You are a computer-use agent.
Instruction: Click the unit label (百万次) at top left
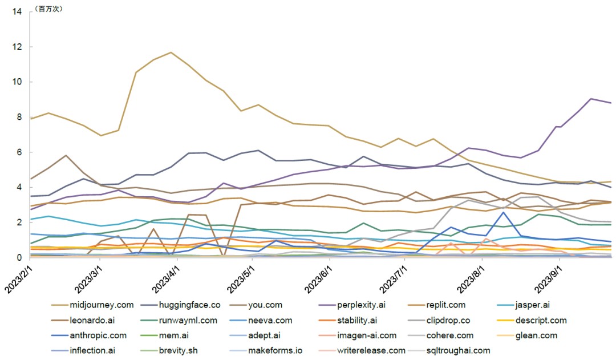click(49, 9)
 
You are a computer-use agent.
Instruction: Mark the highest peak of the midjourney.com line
click(171, 52)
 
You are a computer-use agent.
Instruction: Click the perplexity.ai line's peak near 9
click(591, 99)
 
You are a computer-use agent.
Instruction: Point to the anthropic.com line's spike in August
click(503, 212)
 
